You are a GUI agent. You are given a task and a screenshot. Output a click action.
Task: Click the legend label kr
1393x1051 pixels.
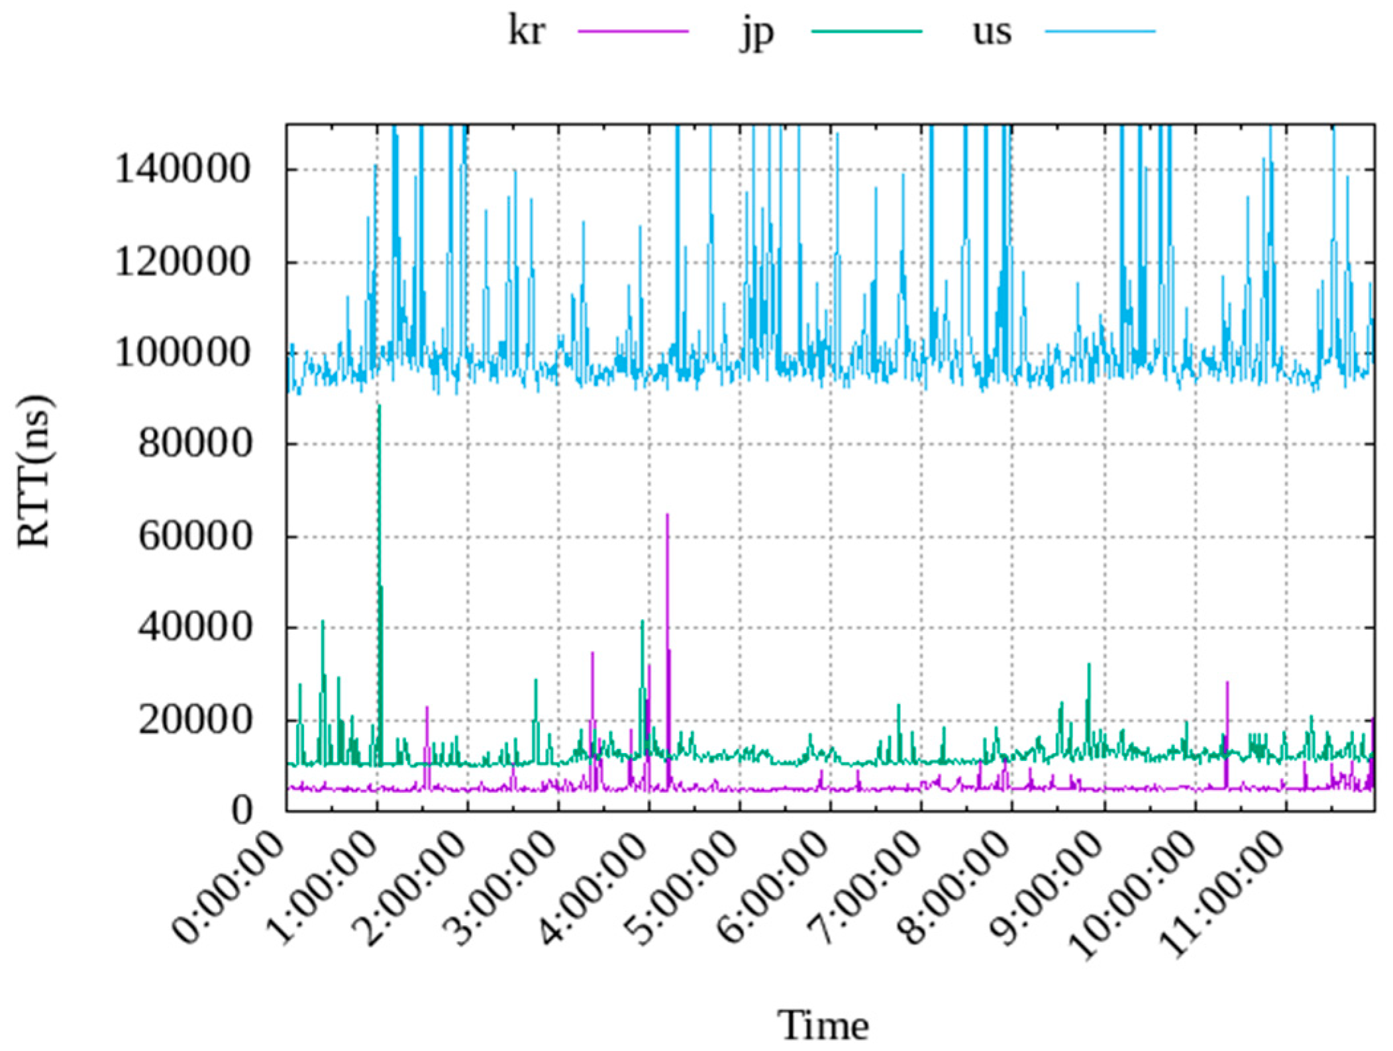pyautogui.click(x=526, y=31)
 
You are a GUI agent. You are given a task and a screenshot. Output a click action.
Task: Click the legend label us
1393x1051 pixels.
pyautogui.click(x=992, y=31)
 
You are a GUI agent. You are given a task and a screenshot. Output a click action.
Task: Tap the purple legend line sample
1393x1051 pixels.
pyautogui.click(x=633, y=31)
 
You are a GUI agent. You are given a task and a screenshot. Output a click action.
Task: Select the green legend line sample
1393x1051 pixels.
pyautogui.click(x=866, y=31)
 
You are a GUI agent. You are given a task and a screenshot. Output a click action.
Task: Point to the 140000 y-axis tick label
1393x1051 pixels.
pyautogui.click(x=183, y=169)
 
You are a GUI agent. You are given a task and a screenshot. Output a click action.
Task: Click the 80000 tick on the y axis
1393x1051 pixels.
pyautogui.click(x=195, y=444)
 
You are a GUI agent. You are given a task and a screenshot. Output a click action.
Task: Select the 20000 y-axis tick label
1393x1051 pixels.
pyautogui.click(x=195, y=720)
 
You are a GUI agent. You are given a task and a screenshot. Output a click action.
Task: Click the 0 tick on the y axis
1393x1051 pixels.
pyautogui.click(x=242, y=811)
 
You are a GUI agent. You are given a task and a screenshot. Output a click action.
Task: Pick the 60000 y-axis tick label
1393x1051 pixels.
pyautogui.click(x=195, y=536)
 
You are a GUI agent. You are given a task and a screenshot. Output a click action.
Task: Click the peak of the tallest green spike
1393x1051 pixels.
pyautogui.click(x=379, y=405)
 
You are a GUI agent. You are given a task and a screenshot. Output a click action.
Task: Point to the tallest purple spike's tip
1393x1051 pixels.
pyautogui.click(x=667, y=515)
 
